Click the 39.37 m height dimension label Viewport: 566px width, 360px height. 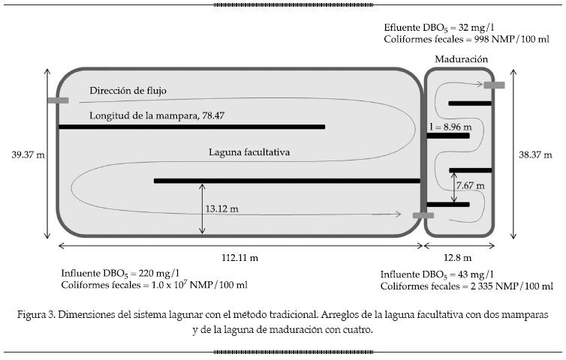[28, 155]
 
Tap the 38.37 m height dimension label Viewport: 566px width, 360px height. [536, 155]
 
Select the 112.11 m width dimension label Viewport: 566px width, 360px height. [240, 257]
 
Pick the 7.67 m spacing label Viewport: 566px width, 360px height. [471, 184]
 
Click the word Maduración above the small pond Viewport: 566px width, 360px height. [461, 58]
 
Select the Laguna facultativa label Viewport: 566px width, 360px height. [249, 152]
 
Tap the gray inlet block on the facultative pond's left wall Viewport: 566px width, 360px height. [57, 100]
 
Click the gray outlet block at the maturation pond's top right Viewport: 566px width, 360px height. [493, 85]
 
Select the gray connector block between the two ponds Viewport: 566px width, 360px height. [423, 215]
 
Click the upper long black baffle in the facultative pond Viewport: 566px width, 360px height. [191, 127]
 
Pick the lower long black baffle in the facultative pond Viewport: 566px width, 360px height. [287, 181]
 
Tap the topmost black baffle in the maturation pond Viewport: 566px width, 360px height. [469, 103]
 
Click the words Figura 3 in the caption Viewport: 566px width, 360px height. [37, 315]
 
